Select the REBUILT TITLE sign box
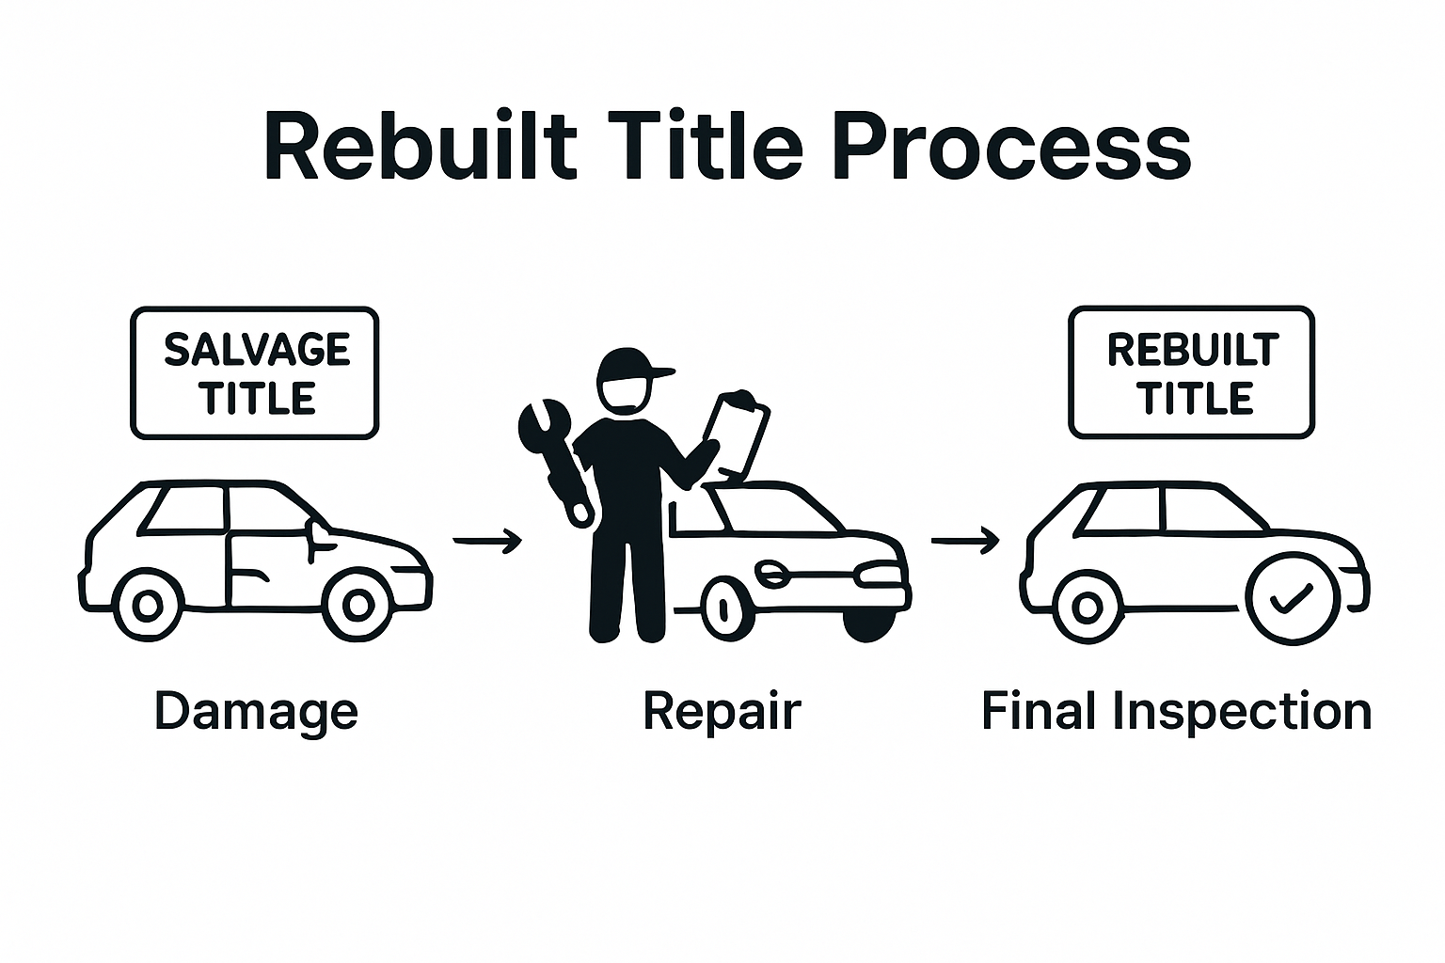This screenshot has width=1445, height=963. (1192, 372)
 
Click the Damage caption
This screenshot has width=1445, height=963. (256, 711)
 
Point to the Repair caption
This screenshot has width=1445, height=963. (722, 711)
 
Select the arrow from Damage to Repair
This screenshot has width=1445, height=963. (486, 541)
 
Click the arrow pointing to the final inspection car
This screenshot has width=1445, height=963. (964, 541)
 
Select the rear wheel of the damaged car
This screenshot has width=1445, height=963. (147, 606)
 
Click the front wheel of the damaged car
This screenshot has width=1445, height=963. (357, 606)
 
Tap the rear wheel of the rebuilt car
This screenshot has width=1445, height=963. (1087, 606)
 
